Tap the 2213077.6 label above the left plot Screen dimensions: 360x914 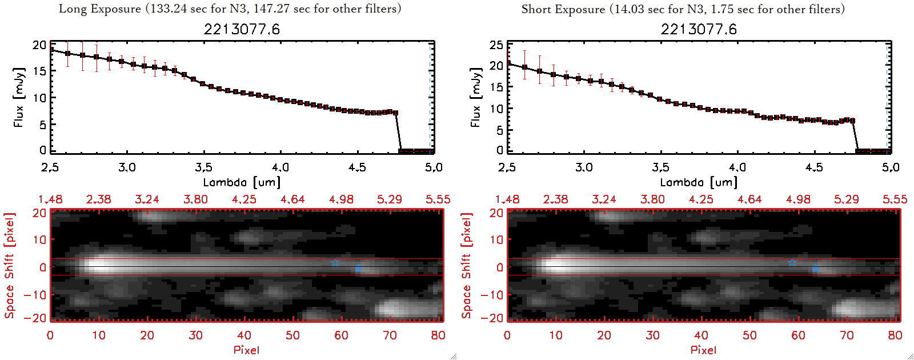click(x=242, y=29)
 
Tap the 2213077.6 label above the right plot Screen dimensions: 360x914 click(x=699, y=29)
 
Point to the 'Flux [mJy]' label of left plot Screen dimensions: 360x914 click(x=19, y=97)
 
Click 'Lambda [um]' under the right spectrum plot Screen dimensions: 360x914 click(x=699, y=182)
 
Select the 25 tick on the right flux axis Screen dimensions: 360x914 click(x=496, y=45)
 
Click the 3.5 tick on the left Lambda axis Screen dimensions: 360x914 click(x=203, y=167)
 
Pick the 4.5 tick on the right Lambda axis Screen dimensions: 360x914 click(x=814, y=167)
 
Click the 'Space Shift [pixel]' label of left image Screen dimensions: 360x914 click(x=10, y=265)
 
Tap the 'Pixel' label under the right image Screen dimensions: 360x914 click(x=703, y=350)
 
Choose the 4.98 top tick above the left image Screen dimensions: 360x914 click(x=341, y=199)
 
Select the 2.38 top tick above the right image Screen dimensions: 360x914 click(x=555, y=199)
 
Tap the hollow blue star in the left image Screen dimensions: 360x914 click(x=335, y=263)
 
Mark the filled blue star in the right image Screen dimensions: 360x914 click(x=816, y=269)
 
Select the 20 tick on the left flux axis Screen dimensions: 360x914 click(x=39, y=45)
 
